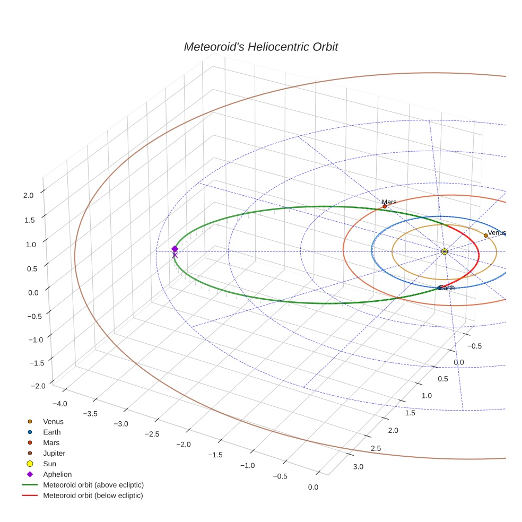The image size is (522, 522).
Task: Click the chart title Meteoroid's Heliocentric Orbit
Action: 260,47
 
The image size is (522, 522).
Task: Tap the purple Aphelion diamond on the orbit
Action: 175,249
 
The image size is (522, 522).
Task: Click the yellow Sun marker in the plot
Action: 445,251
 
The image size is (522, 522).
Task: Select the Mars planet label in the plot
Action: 389,202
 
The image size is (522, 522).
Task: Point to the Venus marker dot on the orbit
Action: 485,236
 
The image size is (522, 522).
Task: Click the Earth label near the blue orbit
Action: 447,288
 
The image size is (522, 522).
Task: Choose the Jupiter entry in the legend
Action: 54,453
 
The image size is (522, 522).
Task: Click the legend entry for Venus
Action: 53,421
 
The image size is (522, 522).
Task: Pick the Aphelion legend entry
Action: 57,474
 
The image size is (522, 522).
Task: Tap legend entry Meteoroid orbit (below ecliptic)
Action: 93,495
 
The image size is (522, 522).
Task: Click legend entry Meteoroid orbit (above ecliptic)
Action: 93,485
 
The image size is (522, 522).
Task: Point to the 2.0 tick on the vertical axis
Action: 28,195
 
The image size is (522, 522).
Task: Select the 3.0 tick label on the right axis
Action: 358,467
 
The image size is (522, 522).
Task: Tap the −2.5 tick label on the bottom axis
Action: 153,434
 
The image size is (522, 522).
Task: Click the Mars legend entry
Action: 51,442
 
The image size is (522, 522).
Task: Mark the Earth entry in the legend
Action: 51,432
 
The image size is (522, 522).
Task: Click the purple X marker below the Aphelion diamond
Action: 175,255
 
